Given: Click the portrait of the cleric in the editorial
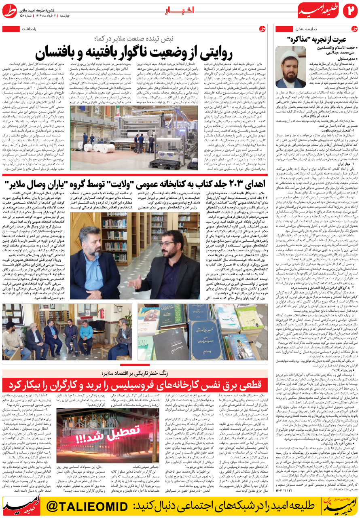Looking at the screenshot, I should pyautogui.click(x=291, y=67).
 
